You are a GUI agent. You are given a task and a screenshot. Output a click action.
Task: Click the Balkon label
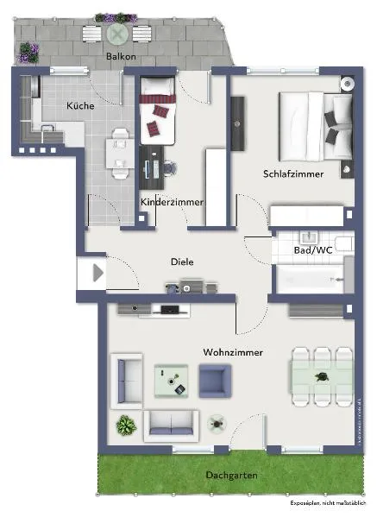tap(121, 57)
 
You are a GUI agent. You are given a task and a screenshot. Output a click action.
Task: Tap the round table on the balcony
tap(117, 34)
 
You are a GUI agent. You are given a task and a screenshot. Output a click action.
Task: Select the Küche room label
tap(80, 105)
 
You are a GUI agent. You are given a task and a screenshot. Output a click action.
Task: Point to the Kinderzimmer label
tap(172, 202)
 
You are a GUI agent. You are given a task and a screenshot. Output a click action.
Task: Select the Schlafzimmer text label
tap(293, 173)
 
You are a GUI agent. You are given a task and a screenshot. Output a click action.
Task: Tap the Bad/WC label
tap(312, 249)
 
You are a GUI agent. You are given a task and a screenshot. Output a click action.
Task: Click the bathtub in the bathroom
tap(312, 278)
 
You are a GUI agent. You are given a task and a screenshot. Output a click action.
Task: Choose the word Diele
tap(182, 262)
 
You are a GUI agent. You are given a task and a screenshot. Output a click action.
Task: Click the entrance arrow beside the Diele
tap(97, 274)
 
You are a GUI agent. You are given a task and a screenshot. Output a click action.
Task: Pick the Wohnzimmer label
tap(233, 352)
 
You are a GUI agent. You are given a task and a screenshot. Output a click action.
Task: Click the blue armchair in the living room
tap(215, 380)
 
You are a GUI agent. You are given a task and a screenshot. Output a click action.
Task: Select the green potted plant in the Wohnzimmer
tap(126, 425)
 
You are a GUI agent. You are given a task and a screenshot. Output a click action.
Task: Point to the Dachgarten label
tap(231, 476)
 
